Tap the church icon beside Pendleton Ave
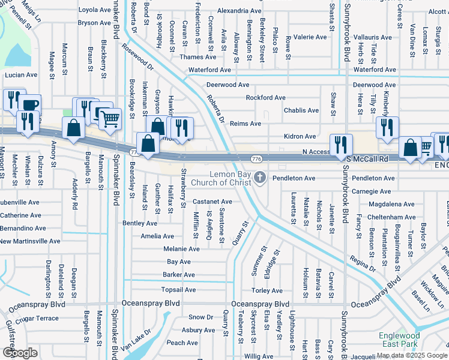(260, 178)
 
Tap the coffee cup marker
(28, 106)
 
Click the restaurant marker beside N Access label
(340, 145)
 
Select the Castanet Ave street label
(212, 202)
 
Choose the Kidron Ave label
(300, 137)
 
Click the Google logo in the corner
(20, 352)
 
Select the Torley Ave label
(267, 290)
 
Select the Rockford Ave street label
(265, 97)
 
